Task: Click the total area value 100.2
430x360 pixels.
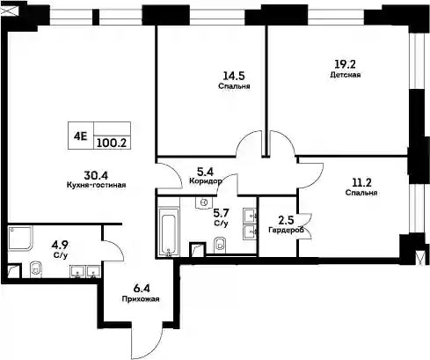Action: tap(112, 143)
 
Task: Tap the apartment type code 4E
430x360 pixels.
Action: tap(80, 136)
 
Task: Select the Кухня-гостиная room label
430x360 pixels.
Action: tap(97, 185)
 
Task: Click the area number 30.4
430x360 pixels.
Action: tap(96, 175)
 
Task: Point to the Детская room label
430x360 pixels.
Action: tap(346, 75)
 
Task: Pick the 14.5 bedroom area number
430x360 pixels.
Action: tap(234, 76)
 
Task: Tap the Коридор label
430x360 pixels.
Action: tap(206, 181)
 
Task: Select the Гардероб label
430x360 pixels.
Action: tap(286, 231)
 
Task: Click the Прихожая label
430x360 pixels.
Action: tap(141, 299)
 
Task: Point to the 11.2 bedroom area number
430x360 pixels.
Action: tap(361, 182)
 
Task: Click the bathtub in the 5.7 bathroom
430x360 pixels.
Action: tap(169, 232)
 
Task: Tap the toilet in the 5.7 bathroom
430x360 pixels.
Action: tap(220, 245)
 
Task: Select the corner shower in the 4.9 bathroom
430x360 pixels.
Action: tap(20, 239)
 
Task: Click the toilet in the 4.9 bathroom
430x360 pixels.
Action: tap(37, 269)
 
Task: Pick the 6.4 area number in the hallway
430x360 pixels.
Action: tap(142, 289)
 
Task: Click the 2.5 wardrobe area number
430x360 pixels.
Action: tap(286, 220)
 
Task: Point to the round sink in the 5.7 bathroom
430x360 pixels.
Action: tap(204, 202)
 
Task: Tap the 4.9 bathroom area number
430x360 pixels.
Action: tap(60, 245)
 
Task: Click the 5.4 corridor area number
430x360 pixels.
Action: tap(205, 172)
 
